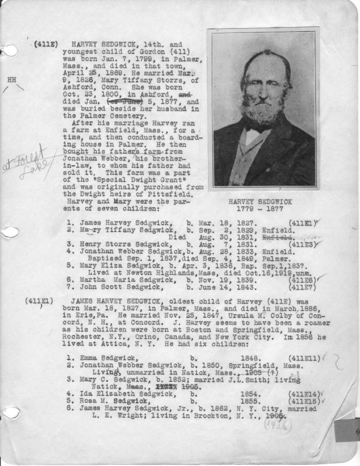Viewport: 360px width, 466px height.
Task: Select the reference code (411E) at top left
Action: tap(45, 44)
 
